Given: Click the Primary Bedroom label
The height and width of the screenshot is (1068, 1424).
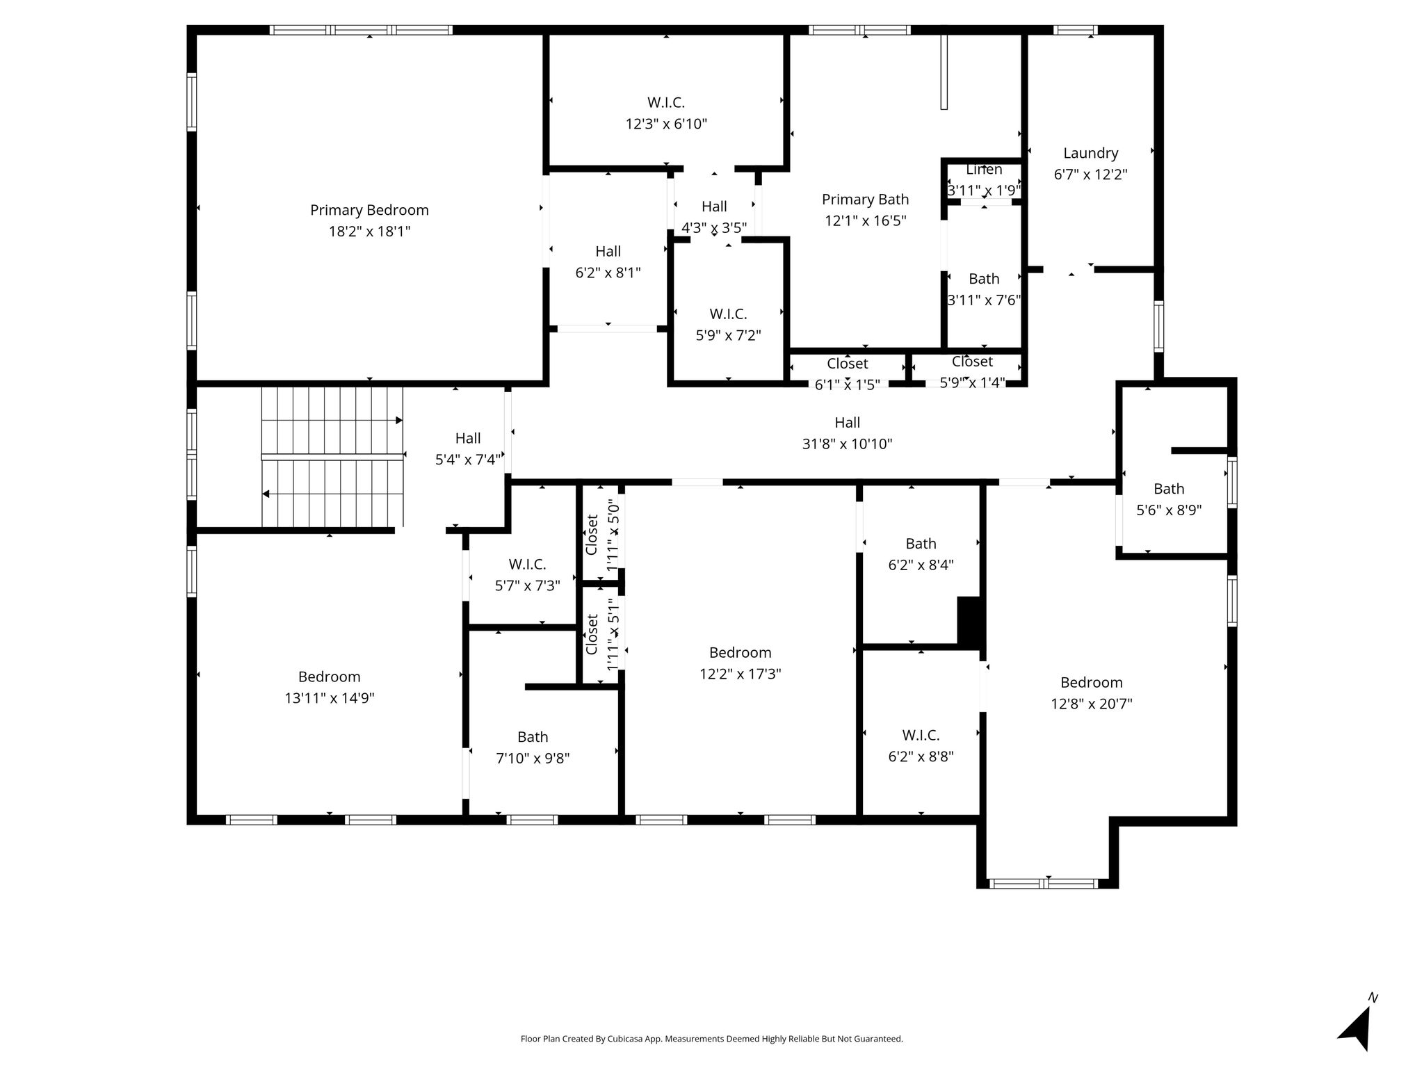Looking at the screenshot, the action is [369, 210].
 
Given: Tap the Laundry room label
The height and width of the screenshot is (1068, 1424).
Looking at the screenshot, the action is [1090, 153].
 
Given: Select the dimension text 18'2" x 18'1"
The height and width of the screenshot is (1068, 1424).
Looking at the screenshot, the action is [369, 232].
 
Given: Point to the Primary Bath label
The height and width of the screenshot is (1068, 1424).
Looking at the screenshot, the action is [865, 200].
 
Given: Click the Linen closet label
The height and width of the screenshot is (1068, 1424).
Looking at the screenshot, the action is [984, 170].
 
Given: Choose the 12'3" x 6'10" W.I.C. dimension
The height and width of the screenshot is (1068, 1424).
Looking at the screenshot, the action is [666, 124].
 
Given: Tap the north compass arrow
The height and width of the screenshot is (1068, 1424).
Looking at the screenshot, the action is [1355, 1030].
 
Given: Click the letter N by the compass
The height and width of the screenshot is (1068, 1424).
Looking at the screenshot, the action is [1373, 998].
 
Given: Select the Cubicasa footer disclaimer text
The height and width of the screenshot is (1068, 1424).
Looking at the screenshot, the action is [711, 1039].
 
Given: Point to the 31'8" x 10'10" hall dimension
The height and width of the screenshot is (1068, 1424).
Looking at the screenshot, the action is [847, 444].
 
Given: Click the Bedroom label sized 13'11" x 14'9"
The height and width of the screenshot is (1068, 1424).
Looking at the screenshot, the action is [329, 677].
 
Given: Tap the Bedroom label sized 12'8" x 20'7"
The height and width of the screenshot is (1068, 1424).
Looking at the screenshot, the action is [1091, 682].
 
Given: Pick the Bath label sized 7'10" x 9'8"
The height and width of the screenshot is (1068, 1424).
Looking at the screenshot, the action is [533, 737].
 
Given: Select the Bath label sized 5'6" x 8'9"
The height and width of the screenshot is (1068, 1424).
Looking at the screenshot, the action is [1169, 489].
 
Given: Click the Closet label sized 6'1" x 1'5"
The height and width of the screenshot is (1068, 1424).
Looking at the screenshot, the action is [847, 364].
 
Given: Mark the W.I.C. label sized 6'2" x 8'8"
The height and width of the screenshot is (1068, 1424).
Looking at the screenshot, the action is [921, 735].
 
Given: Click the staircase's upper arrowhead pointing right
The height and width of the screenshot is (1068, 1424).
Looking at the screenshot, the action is [399, 420].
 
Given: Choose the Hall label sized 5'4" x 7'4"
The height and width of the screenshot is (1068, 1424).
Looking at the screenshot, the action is [467, 438].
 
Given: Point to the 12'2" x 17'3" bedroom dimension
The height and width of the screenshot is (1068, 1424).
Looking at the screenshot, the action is [740, 674].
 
